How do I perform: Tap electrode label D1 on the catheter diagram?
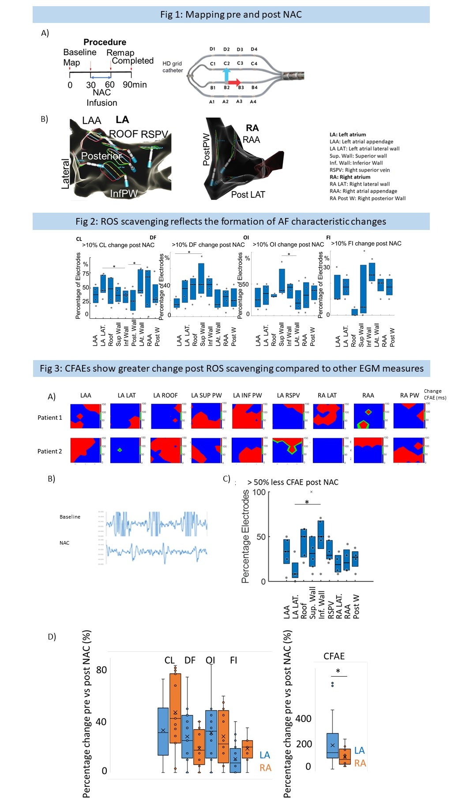point(212,49)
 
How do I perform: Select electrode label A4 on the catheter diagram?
point(253,102)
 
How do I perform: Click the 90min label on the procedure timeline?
point(135,85)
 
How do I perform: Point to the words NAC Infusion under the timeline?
point(102,98)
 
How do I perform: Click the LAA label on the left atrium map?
point(91,120)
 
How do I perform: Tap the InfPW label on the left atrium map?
point(124,193)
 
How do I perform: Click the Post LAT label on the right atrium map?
point(248,195)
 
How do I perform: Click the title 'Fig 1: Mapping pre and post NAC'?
point(231,15)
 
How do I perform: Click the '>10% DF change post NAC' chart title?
point(208,245)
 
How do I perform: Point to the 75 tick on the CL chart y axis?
point(86,274)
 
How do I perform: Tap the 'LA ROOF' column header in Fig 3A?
point(165,395)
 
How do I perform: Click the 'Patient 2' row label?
point(49,451)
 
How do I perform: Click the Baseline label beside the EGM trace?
point(70,517)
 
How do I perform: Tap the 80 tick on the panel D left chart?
point(101,670)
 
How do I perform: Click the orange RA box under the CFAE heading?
point(345,756)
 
